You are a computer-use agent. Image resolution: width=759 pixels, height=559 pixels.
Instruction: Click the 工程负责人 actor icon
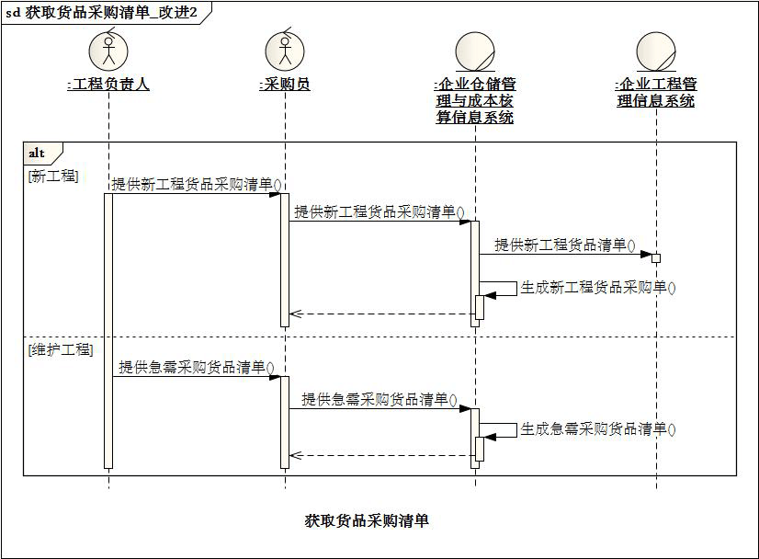(108, 50)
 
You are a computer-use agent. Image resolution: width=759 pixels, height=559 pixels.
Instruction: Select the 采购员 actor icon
(285, 50)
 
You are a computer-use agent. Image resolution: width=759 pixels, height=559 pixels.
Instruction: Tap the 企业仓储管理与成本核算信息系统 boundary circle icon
(475, 51)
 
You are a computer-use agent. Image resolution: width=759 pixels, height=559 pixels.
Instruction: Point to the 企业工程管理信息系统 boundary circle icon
(656, 51)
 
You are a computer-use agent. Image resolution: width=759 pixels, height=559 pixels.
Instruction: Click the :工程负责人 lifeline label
(108, 85)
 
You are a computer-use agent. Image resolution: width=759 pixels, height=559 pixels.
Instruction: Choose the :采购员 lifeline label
(285, 85)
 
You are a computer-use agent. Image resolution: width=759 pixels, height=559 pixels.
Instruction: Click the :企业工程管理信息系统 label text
(656, 92)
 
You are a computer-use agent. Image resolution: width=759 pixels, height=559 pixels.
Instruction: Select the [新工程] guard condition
(53, 176)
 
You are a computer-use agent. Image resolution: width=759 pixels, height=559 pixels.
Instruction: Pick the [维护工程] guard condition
(61, 349)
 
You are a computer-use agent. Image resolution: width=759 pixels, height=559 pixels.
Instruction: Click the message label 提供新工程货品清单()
(565, 245)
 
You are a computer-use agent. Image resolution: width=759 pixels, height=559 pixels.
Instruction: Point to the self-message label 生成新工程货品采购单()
(598, 288)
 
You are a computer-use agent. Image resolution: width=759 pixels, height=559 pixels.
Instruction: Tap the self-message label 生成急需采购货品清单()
(598, 429)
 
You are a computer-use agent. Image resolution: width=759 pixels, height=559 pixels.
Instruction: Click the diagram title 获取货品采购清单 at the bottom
(367, 520)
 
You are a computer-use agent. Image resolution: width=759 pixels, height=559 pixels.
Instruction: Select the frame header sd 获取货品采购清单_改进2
(102, 13)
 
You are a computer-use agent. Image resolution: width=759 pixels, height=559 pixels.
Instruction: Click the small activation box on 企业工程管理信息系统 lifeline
(656, 258)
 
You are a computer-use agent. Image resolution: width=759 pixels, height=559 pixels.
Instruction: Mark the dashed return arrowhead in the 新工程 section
(295, 314)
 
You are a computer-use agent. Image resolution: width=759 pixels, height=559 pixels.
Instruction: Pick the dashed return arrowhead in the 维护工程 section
(295, 455)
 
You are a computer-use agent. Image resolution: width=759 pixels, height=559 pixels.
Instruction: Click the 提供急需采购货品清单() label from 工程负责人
(197, 368)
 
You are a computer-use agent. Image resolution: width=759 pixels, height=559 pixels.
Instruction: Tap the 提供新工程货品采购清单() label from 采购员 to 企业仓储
(379, 212)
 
